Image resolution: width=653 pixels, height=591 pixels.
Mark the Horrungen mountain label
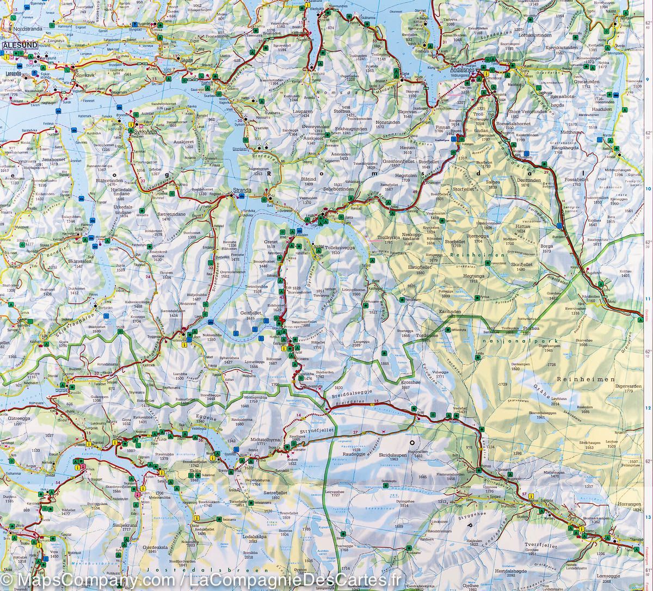pyautogui.click(x=629, y=504)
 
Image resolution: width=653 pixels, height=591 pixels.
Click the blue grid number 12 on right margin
pyautogui.click(x=648, y=408)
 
